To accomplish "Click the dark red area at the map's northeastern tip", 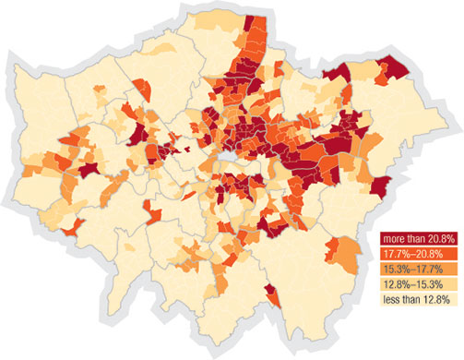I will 395,66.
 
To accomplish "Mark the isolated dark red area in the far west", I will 89,170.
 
